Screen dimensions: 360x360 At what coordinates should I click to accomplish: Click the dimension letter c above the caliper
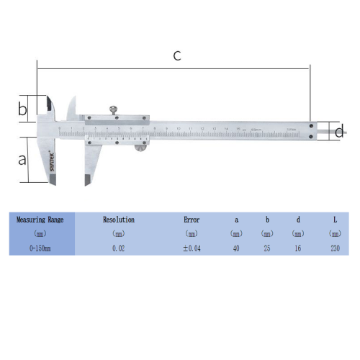click(x=177, y=56)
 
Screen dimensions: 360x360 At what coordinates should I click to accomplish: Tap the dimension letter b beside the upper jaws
click(x=22, y=109)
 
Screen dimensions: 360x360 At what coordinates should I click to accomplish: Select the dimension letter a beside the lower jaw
click(x=22, y=158)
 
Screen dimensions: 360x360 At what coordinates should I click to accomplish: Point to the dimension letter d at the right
click(x=340, y=131)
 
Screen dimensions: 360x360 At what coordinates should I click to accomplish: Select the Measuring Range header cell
click(x=41, y=220)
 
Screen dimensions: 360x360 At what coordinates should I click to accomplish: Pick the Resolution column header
click(x=119, y=220)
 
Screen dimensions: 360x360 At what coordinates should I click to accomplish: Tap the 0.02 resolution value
click(x=119, y=248)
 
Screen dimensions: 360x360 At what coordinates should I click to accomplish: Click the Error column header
click(x=192, y=220)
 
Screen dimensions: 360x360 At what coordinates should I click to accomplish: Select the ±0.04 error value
click(x=192, y=248)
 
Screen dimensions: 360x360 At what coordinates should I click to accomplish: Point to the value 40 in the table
click(x=236, y=248)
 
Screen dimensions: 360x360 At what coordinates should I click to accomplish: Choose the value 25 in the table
click(x=267, y=248)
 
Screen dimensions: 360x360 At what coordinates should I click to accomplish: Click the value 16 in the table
click(x=298, y=248)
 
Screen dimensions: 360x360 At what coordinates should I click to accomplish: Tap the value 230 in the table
click(x=334, y=248)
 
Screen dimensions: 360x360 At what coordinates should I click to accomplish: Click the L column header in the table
click(x=334, y=220)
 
